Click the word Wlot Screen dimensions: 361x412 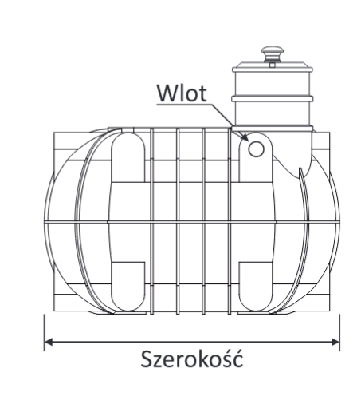click(182, 93)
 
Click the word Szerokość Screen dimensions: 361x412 click(191, 359)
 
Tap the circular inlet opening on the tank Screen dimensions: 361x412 click(256, 149)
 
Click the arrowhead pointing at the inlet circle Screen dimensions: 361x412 click(245, 137)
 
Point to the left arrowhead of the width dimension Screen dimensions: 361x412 click(49, 342)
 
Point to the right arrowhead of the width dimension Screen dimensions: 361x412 click(335, 342)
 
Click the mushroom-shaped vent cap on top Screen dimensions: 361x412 click(272, 53)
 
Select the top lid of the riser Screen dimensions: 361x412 click(273, 67)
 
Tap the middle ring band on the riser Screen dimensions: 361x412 click(273, 99)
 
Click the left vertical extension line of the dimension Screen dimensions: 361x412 click(45, 332)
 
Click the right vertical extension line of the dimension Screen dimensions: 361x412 click(339, 332)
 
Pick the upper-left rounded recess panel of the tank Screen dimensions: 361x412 click(128, 157)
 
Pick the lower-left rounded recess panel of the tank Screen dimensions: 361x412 click(128, 287)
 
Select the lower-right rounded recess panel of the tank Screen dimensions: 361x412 click(256, 287)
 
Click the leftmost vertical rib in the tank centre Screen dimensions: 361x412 click(152, 221)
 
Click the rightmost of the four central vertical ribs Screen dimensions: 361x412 click(230, 221)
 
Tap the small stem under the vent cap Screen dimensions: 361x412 click(272, 65)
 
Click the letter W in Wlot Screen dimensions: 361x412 click(167, 93)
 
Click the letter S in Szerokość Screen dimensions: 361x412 click(146, 359)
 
